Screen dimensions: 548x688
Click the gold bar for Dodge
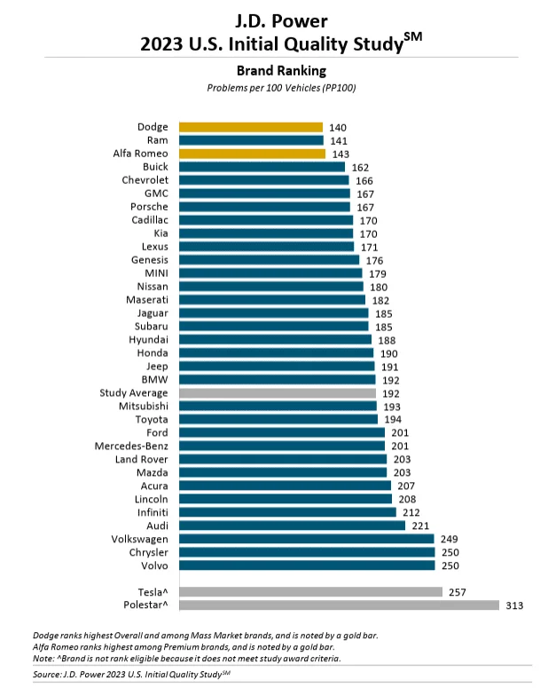tap(251, 127)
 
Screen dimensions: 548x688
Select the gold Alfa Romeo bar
tap(253, 154)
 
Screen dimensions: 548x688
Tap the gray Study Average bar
tap(278, 393)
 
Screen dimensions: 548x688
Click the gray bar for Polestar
tap(340, 605)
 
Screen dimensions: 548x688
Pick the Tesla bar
tap(311, 592)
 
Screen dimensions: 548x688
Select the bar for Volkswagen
tap(307, 539)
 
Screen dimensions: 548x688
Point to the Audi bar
tap(293, 526)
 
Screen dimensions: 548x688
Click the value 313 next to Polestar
tap(514, 605)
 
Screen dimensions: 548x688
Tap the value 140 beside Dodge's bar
tap(338, 128)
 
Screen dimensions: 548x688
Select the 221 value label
tap(420, 526)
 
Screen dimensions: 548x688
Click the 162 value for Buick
tap(360, 168)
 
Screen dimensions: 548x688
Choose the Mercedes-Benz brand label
tap(131, 447)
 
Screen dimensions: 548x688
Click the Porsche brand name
tap(149, 207)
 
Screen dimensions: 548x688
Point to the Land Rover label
tap(142, 459)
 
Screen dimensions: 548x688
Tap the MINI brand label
tap(157, 273)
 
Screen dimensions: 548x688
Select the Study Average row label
tap(134, 393)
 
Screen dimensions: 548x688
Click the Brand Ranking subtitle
tap(281, 71)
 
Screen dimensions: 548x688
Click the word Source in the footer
tap(47, 674)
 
